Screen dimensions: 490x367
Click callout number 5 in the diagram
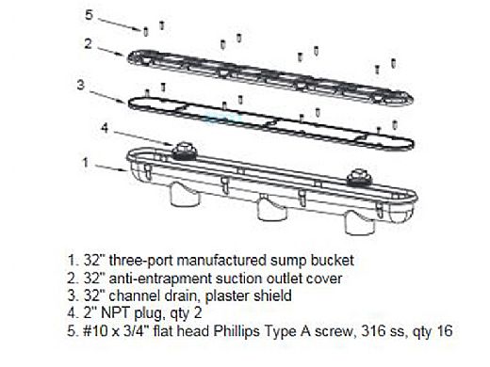(89, 15)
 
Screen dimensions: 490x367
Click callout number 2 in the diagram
(89, 43)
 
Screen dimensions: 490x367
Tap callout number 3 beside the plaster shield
(81, 85)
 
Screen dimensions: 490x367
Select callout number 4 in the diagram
(105, 128)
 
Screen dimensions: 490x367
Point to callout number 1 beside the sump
(86, 163)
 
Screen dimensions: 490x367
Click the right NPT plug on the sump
(359, 177)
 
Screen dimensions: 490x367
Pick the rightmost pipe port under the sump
(360, 222)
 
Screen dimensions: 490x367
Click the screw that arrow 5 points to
(146, 32)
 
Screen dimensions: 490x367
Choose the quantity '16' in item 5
(444, 331)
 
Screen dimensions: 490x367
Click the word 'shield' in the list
(272, 295)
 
